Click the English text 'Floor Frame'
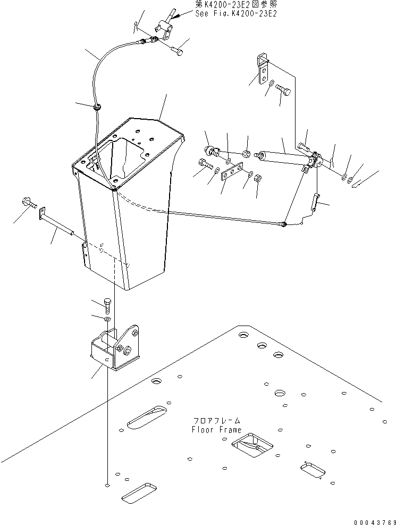point(216,429)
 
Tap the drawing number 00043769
point(375,522)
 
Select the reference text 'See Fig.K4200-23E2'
point(236,14)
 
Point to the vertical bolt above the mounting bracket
point(107,305)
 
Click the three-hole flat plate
point(231,172)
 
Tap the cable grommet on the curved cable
point(98,107)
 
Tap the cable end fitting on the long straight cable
point(284,224)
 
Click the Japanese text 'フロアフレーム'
point(217,421)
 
